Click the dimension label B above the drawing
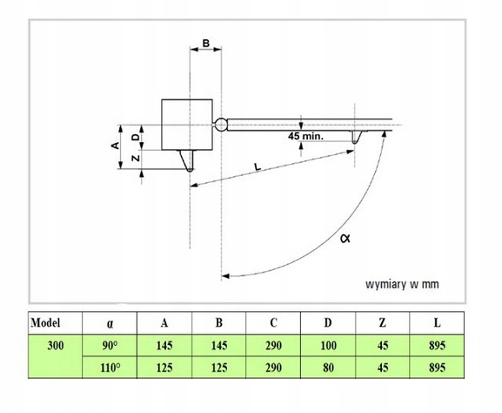pos(206,43)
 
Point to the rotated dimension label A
pos(115,146)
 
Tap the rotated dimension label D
pos(136,138)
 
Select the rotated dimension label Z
pos(136,158)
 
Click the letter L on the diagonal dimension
pos(258,166)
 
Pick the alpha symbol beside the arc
pos(345,238)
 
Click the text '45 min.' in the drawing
pos(305,136)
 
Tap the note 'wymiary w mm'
pos(402,284)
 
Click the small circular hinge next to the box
pos(221,125)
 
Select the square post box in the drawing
pos(187,125)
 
